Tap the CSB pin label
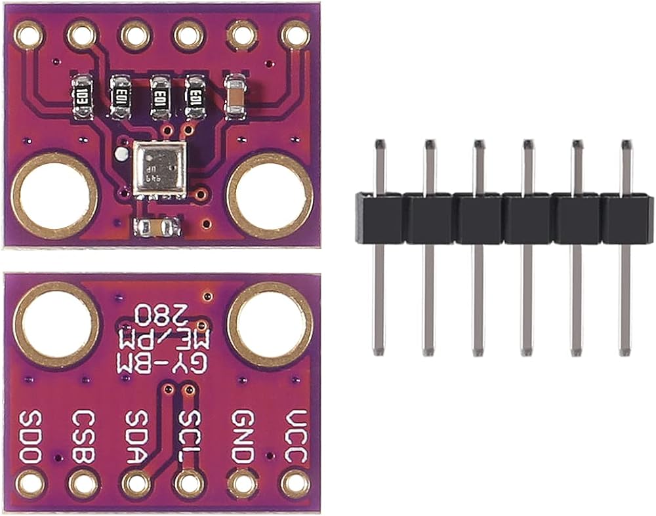click(x=83, y=437)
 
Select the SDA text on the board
click(x=136, y=437)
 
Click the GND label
click(x=242, y=437)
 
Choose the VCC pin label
click(x=295, y=437)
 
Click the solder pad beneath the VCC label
click(x=295, y=485)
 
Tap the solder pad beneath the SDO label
click(x=30, y=485)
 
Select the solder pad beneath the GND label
click(x=241, y=485)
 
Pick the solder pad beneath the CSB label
click(x=83, y=485)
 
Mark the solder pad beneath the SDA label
click(x=136, y=485)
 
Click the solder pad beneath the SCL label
click(x=189, y=485)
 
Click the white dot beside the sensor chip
click(x=120, y=155)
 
